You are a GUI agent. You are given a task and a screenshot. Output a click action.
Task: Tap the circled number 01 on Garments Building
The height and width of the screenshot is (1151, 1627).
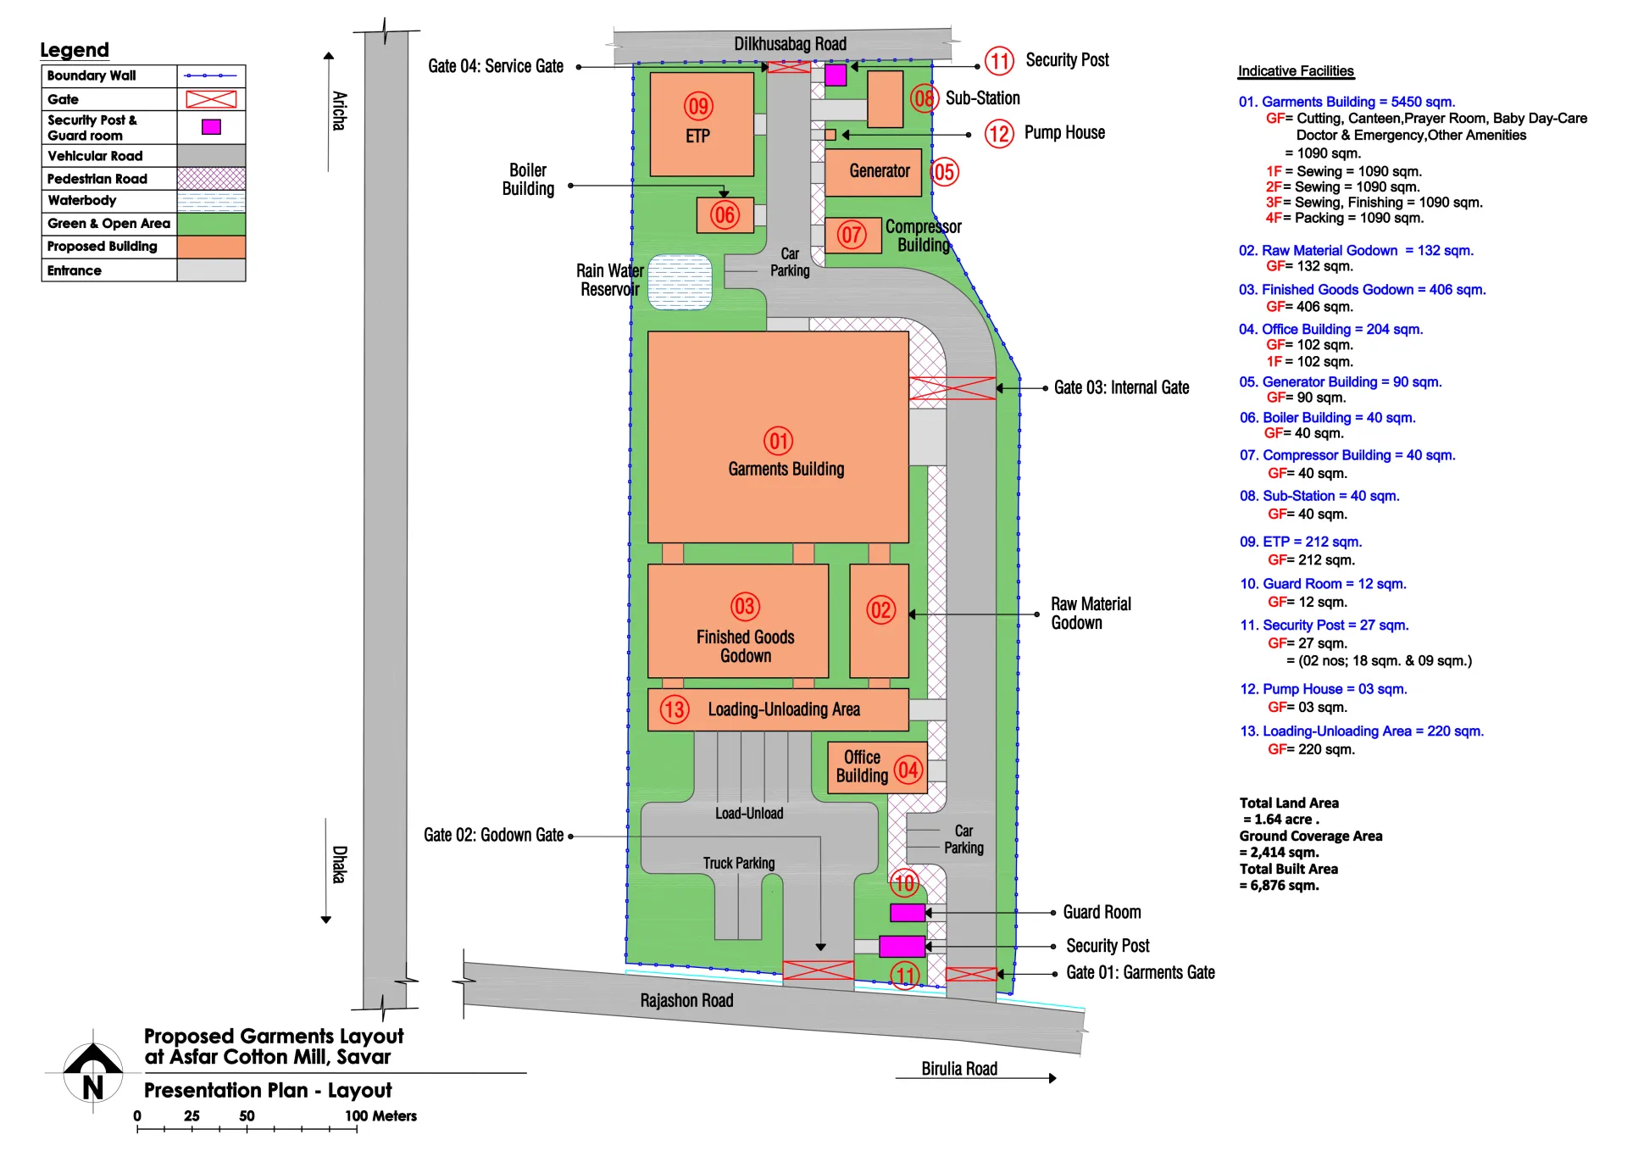(x=778, y=441)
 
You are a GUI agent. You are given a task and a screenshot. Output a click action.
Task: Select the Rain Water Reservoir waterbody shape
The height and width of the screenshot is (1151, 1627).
(x=680, y=281)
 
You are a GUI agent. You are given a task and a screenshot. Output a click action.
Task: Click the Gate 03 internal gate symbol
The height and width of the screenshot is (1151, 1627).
(x=952, y=388)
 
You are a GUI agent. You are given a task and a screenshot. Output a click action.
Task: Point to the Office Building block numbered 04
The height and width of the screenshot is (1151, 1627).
(x=876, y=768)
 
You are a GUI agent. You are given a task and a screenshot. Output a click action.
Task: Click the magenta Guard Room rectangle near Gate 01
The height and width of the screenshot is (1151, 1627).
(x=907, y=913)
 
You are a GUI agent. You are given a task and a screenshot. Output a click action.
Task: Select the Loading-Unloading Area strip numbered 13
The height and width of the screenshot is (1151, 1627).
(x=777, y=709)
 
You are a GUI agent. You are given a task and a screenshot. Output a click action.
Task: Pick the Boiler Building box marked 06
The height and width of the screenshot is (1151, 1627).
(x=725, y=214)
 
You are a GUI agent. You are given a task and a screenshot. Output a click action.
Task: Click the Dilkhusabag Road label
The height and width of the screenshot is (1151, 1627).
(x=790, y=44)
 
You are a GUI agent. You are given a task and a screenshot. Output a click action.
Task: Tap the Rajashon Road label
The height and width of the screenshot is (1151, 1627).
(x=686, y=1001)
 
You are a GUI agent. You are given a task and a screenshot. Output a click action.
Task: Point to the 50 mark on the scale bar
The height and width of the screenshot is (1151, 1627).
(x=247, y=1116)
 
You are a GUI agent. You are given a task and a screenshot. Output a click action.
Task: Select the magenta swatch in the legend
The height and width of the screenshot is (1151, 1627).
(x=211, y=127)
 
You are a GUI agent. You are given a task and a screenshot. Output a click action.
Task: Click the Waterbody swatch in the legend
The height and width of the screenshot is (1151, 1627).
(x=211, y=201)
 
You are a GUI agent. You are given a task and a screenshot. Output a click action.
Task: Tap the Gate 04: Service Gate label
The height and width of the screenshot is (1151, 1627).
(x=495, y=66)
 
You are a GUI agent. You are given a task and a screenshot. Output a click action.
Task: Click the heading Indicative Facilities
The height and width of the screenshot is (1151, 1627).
(x=1296, y=71)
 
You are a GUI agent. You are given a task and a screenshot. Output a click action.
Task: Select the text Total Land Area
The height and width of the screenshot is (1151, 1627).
(x=1289, y=803)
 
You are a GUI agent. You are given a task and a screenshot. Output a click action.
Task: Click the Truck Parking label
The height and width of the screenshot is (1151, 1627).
(x=738, y=863)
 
